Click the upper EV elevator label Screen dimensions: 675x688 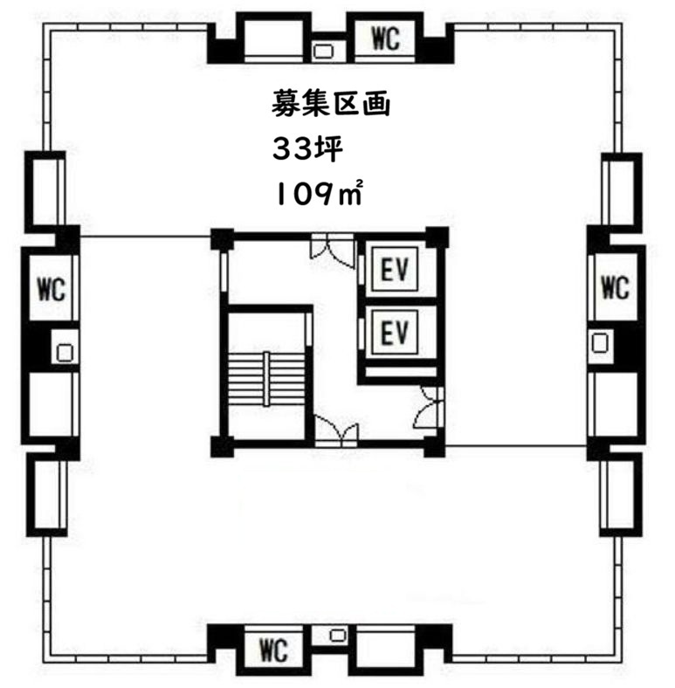[x=394, y=270]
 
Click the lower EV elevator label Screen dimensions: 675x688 [x=394, y=332]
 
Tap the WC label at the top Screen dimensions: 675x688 [x=386, y=38]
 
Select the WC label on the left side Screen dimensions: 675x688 [x=52, y=289]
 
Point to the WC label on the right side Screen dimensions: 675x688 [x=615, y=287]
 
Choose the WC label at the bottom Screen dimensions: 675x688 [x=273, y=650]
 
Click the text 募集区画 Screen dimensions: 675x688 [x=330, y=104]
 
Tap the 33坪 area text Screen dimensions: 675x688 [x=307, y=149]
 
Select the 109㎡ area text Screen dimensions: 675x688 [x=318, y=195]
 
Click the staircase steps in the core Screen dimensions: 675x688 [x=266, y=378]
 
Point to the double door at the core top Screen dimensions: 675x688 [x=332, y=251]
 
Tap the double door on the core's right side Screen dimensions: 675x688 [x=430, y=407]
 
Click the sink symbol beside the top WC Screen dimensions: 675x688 [x=324, y=52]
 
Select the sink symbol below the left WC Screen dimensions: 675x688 [x=65, y=353]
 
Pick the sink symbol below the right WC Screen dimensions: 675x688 [x=600, y=342]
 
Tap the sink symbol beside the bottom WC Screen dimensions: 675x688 [x=337, y=635]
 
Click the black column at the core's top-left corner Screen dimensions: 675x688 [x=222, y=239]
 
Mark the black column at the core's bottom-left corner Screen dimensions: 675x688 [x=222, y=447]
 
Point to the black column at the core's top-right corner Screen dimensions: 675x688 [x=437, y=238]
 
